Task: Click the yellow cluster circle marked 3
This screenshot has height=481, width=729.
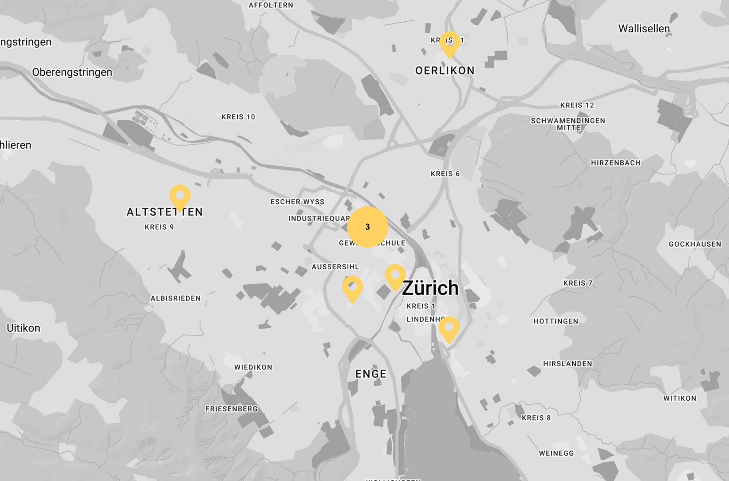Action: pos(367,227)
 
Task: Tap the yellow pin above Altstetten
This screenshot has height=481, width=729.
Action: pos(179,197)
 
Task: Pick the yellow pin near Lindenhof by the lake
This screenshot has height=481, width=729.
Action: pos(449,328)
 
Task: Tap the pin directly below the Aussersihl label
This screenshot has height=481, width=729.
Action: pos(352,288)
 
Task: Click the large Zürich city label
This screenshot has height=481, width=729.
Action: pos(430,288)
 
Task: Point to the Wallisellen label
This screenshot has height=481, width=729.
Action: pos(644,29)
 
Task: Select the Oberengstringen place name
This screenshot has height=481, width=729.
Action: pos(72,73)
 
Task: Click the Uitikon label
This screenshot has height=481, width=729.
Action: pos(23,328)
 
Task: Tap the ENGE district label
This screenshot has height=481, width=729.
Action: pos(371,374)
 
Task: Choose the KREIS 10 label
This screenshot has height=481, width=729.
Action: pos(238,117)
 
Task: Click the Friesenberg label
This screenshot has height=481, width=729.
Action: pos(231,409)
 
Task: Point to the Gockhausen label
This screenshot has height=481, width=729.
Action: pos(695,244)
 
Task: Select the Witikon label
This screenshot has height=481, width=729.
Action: pos(680,398)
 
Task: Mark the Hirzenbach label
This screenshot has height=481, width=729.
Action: pos(615,163)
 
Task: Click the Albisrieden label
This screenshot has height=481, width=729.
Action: pos(175,298)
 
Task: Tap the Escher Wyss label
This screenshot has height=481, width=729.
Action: pos(297,202)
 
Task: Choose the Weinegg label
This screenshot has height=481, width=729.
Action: pos(556,453)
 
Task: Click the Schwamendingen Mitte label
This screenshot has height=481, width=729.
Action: pos(568,124)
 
